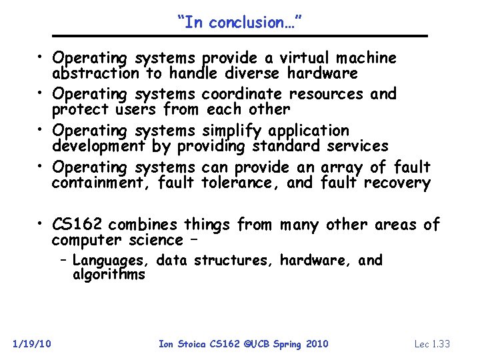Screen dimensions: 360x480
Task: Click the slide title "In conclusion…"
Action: coord(240,22)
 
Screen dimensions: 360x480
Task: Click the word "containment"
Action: coord(100,182)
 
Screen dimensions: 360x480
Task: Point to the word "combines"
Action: coord(143,225)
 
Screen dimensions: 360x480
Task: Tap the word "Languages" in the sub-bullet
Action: coord(110,260)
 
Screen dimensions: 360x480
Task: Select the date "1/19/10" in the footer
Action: coord(33,344)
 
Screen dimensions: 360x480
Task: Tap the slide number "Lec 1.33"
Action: coord(432,344)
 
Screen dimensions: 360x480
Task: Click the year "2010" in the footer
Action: coord(317,344)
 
